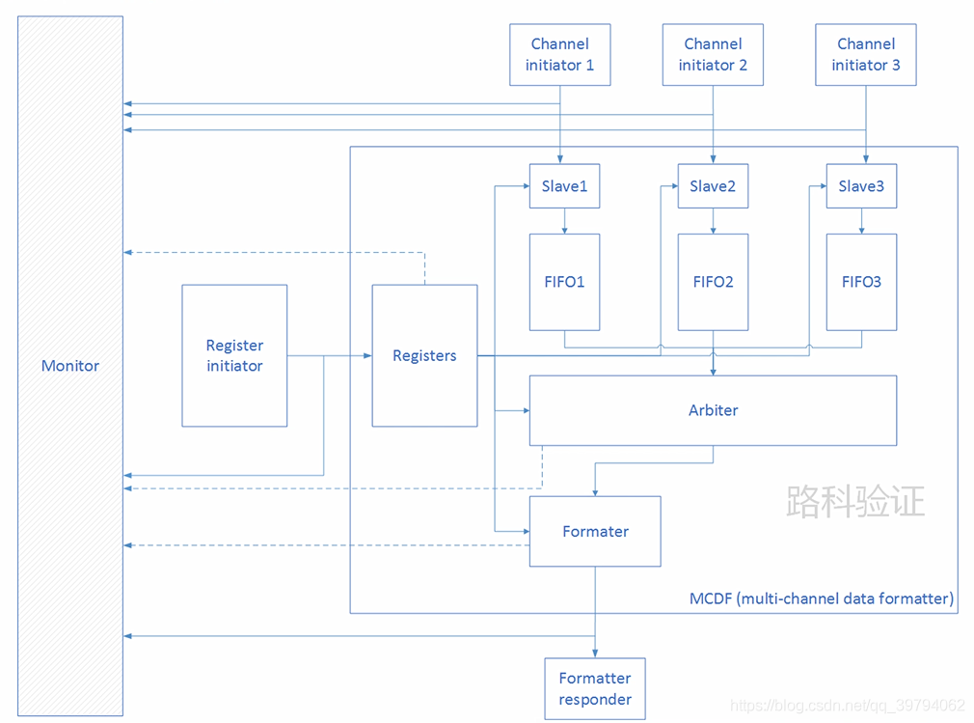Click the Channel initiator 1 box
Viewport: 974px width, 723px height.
coord(559,55)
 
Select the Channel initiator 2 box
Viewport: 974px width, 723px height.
coord(713,55)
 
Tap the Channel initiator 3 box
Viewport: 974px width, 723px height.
coord(866,55)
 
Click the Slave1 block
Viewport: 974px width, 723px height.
coord(564,186)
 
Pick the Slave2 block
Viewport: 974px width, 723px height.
coord(713,186)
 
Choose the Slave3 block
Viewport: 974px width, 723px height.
coord(861,186)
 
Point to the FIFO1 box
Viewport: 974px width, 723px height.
coord(564,282)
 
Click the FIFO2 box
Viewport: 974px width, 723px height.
coord(713,282)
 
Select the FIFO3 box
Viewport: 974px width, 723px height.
coord(861,282)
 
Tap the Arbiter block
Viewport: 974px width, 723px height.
coord(713,410)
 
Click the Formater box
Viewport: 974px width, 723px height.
coord(595,531)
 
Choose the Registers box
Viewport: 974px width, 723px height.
coord(424,355)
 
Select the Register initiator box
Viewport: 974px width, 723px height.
coord(234,355)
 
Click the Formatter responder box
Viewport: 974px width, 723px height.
coord(595,688)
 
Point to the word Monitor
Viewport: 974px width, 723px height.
coord(70,366)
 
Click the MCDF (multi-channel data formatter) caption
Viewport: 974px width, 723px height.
coord(821,598)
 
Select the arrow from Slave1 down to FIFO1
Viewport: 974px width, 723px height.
coord(564,221)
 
